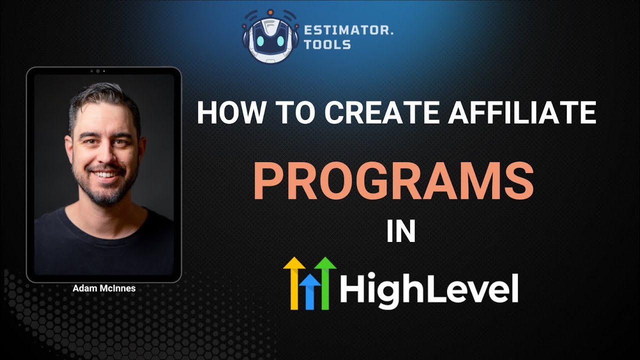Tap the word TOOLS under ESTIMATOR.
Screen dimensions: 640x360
(x=327, y=44)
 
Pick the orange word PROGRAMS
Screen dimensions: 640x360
(x=393, y=181)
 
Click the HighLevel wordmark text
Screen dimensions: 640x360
(x=428, y=288)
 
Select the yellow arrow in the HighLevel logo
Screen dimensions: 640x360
(x=294, y=283)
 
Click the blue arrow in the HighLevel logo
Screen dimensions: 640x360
(x=309, y=292)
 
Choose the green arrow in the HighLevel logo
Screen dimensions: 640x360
(x=325, y=283)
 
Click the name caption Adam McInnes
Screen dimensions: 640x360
(x=104, y=288)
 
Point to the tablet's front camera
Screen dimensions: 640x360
(x=97, y=71)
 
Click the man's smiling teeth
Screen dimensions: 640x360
(x=105, y=173)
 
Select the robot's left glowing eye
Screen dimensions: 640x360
(x=260, y=41)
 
